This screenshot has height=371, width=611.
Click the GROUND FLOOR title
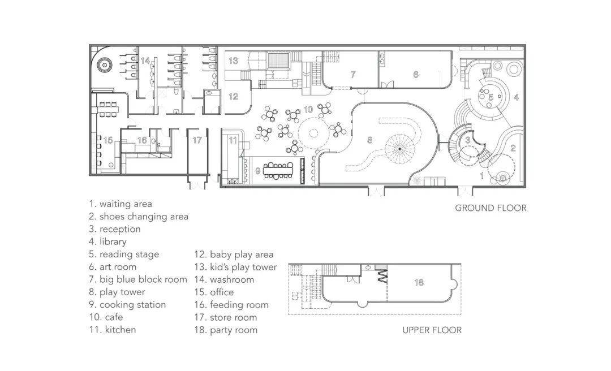(490, 208)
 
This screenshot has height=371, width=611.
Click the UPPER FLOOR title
(432, 330)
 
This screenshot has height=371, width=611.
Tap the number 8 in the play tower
(370, 140)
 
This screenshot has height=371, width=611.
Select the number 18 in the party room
(419, 282)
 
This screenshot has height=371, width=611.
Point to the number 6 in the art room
(416, 75)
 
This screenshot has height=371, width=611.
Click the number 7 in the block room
(353, 75)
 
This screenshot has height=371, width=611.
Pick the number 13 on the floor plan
(233, 61)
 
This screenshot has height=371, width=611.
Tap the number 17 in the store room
(197, 140)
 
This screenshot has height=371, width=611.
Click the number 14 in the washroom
(145, 61)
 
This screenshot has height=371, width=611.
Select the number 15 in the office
(108, 140)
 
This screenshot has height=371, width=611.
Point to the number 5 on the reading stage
(491, 97)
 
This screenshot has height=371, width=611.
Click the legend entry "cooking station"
(127, 305)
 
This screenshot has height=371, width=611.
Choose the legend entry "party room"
(226, 330)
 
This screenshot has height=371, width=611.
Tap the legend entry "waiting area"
(121, 204)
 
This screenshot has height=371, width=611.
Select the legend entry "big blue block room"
(138, 279)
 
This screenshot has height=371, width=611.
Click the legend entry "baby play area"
(234, 255)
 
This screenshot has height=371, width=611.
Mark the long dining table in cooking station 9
(278, 170)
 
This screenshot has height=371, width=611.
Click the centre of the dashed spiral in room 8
(399, 149)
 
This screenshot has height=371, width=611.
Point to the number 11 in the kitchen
(233, 140)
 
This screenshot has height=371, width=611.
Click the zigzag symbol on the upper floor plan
(382, 277)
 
